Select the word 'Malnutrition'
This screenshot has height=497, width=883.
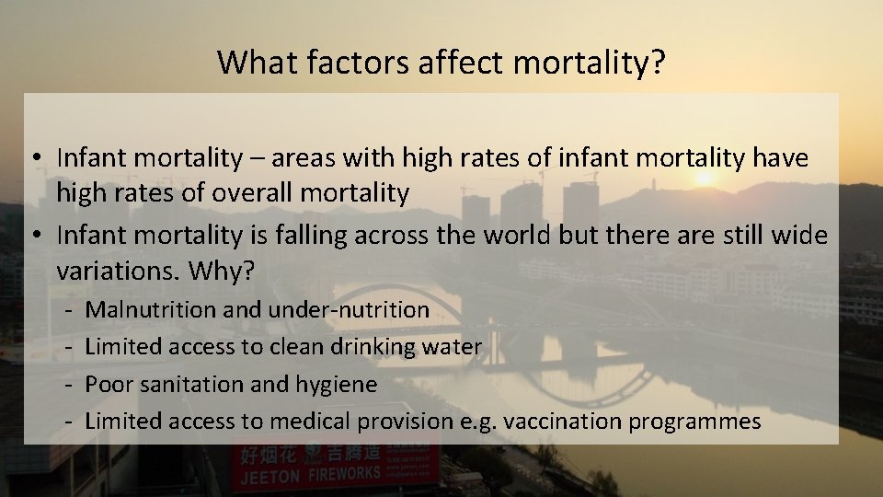(151, 309)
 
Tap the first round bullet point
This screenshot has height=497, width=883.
(32, 158)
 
